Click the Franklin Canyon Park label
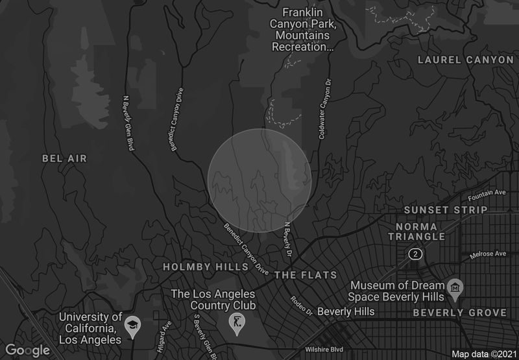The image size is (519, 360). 308,29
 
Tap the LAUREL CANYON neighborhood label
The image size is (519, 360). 466,60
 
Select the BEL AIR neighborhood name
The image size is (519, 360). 64,158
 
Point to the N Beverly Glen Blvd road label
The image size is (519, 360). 128,123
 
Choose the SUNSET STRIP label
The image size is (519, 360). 445,210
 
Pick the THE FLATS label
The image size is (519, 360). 306,275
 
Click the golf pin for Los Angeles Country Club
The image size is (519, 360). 237,322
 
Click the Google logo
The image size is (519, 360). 29,350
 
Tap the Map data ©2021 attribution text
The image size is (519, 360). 483,354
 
